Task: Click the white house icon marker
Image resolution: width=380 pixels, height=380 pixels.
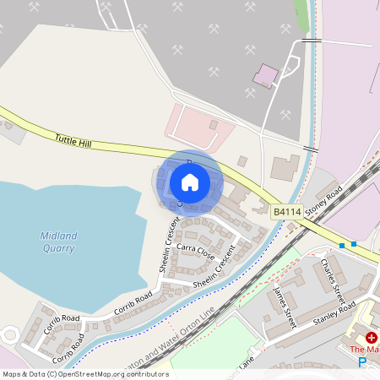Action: [190, 182]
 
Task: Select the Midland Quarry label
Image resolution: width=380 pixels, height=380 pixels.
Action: [57, 242]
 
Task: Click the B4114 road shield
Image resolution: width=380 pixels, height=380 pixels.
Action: [286, 213]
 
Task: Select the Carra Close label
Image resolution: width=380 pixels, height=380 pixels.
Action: [196, 252]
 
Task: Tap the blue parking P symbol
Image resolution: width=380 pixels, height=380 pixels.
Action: [362, 362]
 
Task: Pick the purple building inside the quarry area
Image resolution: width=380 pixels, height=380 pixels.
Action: [265, 76]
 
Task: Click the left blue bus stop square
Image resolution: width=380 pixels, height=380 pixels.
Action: [341, 245]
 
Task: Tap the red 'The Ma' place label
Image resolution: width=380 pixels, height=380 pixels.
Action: [364, 349]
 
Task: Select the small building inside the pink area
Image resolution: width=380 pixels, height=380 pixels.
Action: [214, 125]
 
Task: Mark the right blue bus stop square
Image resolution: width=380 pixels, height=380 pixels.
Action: [354, 244]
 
